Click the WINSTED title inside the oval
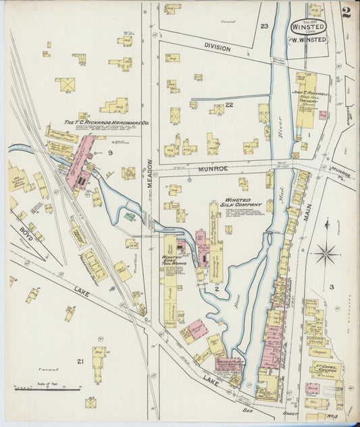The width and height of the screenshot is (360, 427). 308,26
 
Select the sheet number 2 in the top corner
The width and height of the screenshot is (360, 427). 346,12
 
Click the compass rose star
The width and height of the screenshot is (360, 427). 326,255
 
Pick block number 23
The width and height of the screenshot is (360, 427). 264,26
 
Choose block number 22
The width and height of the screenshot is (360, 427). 229,104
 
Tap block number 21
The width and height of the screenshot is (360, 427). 80,361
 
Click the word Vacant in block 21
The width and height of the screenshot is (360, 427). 48,370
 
